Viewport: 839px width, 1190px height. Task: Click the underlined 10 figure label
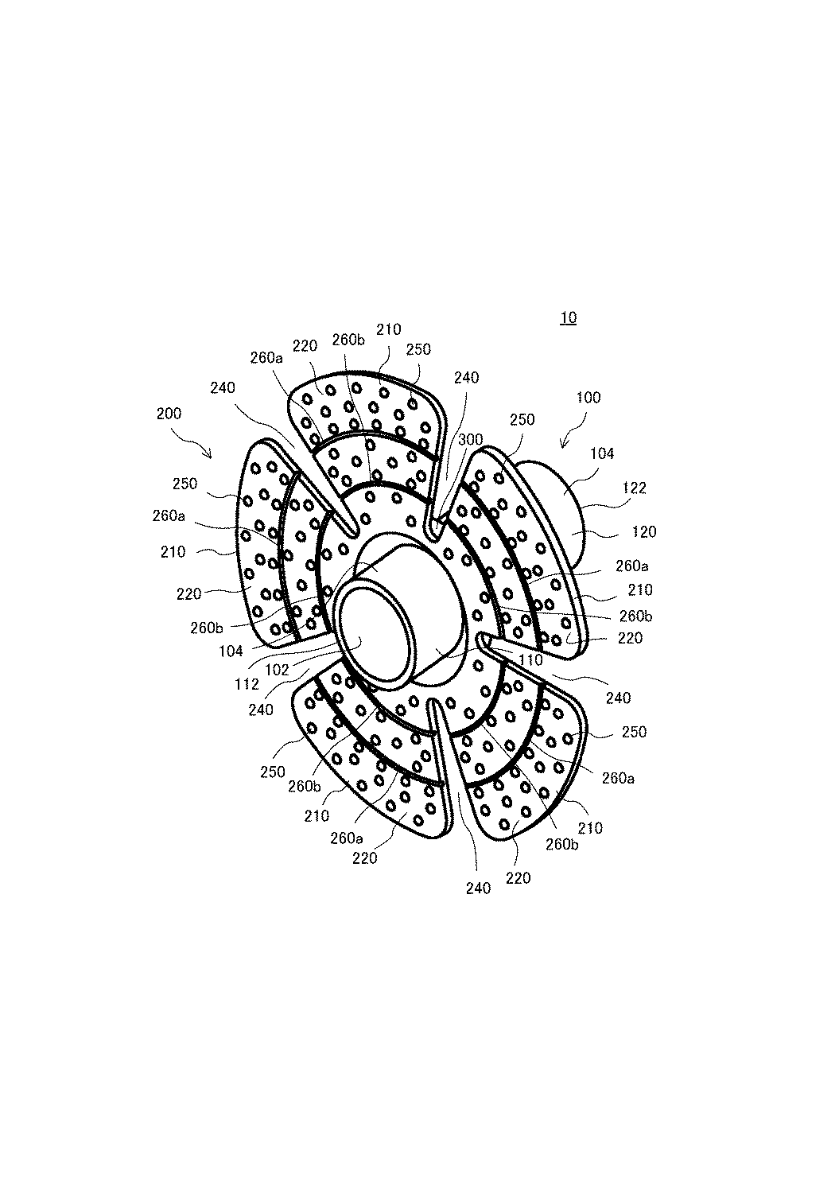[568, 317]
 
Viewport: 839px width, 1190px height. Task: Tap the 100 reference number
[588, 398]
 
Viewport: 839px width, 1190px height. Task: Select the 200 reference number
[169, 414]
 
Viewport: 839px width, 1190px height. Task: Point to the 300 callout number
[471, 439]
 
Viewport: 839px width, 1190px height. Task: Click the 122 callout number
[634, 488]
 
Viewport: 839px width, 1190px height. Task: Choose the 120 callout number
[644, 532]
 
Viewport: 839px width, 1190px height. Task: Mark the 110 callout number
[530, 660]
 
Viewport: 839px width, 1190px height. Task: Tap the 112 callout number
[247, 684]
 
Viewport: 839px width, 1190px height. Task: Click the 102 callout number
[277, 670]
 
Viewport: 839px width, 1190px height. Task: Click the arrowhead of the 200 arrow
[210, 456]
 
